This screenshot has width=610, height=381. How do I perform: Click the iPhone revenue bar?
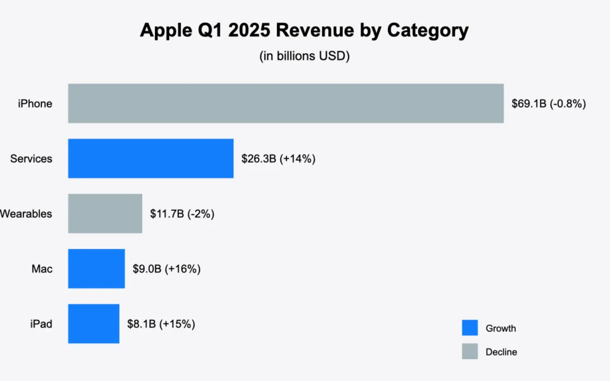[286, 103]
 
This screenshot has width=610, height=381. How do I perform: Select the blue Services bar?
[150, 158]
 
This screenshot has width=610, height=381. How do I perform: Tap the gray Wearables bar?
[105, 213]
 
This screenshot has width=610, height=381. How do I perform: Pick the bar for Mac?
[96, 268]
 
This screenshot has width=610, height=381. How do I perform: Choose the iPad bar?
[94, 324]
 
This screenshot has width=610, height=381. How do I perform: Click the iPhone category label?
[35, 104]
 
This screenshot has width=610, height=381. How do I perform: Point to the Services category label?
[31, 158]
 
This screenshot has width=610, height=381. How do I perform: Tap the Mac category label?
[42, 269]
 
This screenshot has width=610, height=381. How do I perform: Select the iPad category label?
[41, 324]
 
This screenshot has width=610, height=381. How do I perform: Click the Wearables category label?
[25, 214]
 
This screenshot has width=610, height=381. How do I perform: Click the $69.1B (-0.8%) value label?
[548, 104]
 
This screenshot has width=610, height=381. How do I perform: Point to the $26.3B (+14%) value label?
[279, 158]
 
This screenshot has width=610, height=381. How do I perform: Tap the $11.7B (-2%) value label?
[182, 214]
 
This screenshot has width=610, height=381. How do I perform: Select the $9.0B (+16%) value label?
[167, 269]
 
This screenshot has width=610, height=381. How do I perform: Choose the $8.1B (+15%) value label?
[161, 324]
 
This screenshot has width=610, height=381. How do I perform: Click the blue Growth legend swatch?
[470, 328]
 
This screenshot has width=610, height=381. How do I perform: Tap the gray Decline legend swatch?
[470, 351]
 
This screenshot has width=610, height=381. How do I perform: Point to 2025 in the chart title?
[243, 31]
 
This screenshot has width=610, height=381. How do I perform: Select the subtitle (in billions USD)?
[304, 56]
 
